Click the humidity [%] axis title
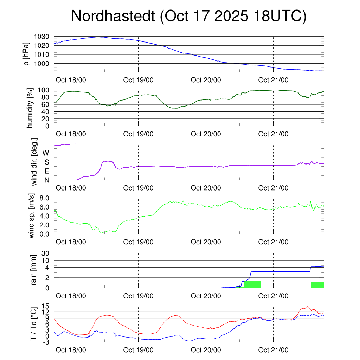click(x=30, y=108)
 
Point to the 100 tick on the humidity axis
click(x=45, y=90)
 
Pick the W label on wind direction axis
click(x=46, y=153)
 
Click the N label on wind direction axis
click(x=47, y=180)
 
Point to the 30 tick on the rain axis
click(x=46, y=253)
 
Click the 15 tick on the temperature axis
click(x=46, y=306)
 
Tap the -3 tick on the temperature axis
click(x=46, y=342)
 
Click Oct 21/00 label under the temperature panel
click(x=273, y=350)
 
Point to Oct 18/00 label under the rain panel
click(x=71, y=296)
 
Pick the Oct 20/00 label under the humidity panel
click(x=206, y=134)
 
